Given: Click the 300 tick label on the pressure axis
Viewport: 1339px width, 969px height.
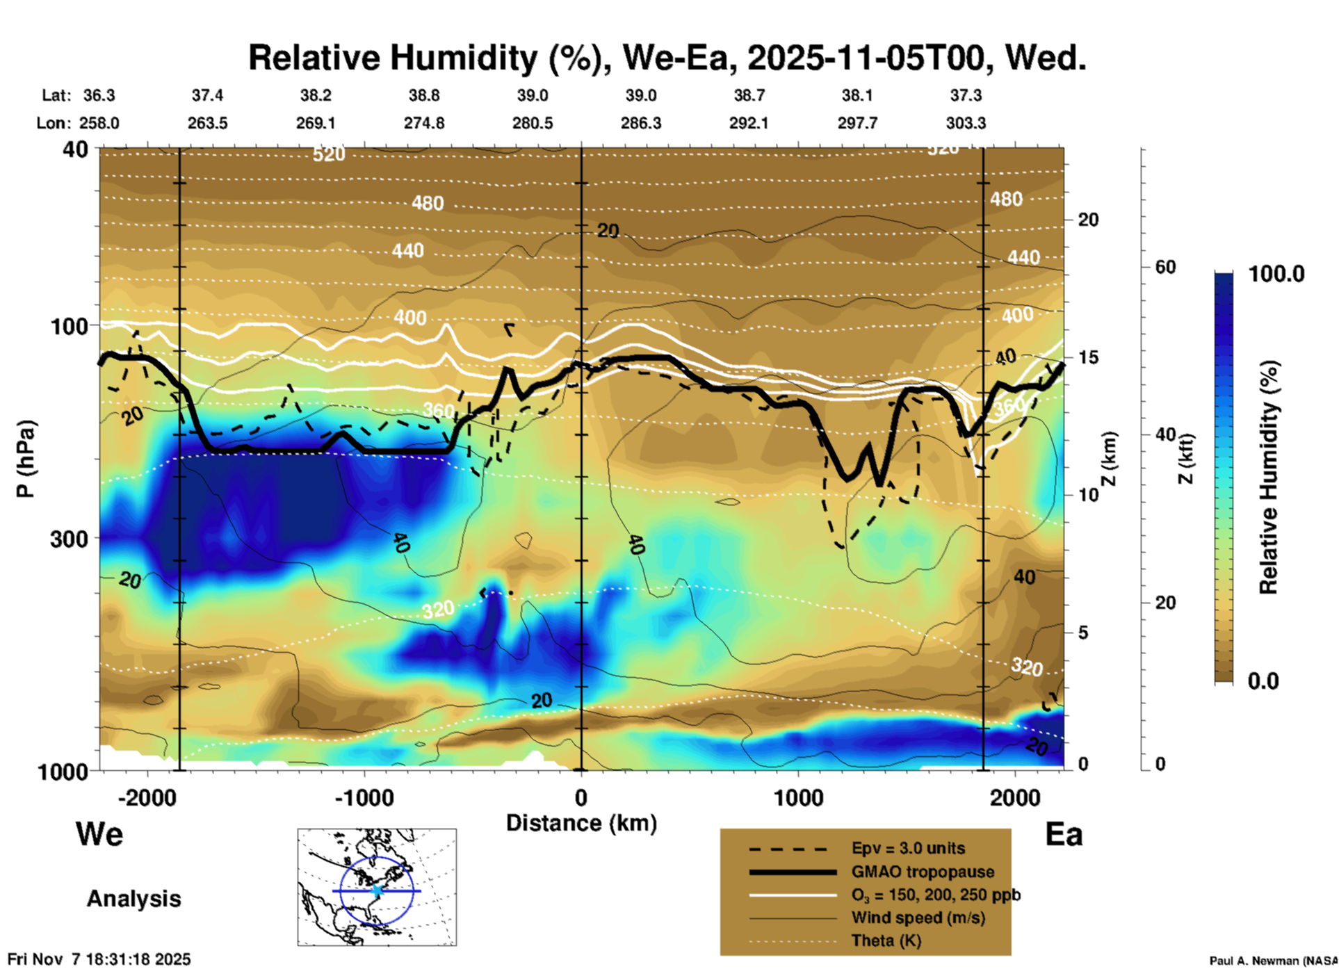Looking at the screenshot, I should (x=70, y=539).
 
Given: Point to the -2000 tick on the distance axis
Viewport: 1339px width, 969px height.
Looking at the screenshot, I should (x=147, y=797).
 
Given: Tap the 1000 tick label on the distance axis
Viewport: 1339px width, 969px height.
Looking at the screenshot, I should (x=798, y=797).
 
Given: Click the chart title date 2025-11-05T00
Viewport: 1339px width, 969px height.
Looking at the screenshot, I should (x=866, y=57).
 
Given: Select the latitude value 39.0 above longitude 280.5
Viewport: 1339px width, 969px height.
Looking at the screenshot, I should (x=533, y=95).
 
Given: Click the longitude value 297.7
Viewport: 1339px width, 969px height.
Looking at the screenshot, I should (x=857, y=123).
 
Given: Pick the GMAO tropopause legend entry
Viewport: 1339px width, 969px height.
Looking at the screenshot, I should (x=923, y=872).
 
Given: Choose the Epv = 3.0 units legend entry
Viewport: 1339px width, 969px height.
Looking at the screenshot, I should (x=908, y=848).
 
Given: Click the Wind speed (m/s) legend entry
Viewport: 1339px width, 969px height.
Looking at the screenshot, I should (x=918, y=918).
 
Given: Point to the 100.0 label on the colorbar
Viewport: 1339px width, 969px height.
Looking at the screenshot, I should (x=1276, y=274).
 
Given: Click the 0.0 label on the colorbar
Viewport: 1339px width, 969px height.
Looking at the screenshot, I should (x=1263, y=681).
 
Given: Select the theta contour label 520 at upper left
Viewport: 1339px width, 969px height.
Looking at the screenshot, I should (x=328, y=154).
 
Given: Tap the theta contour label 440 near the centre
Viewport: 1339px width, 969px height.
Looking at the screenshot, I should (x=407, y=250).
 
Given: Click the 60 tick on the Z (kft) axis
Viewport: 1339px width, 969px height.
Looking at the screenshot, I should (x=1165, y=267).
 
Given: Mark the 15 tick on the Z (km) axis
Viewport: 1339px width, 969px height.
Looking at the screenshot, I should (x=1088, y=357).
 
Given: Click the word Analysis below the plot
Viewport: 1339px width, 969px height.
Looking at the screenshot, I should (x=133, y=898).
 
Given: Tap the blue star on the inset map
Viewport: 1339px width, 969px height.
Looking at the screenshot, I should (x=377, y=890).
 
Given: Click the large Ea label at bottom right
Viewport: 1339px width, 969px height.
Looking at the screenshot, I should (x=1064, y=835).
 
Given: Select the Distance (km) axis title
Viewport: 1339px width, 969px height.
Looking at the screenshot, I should (x=581, y=823).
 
